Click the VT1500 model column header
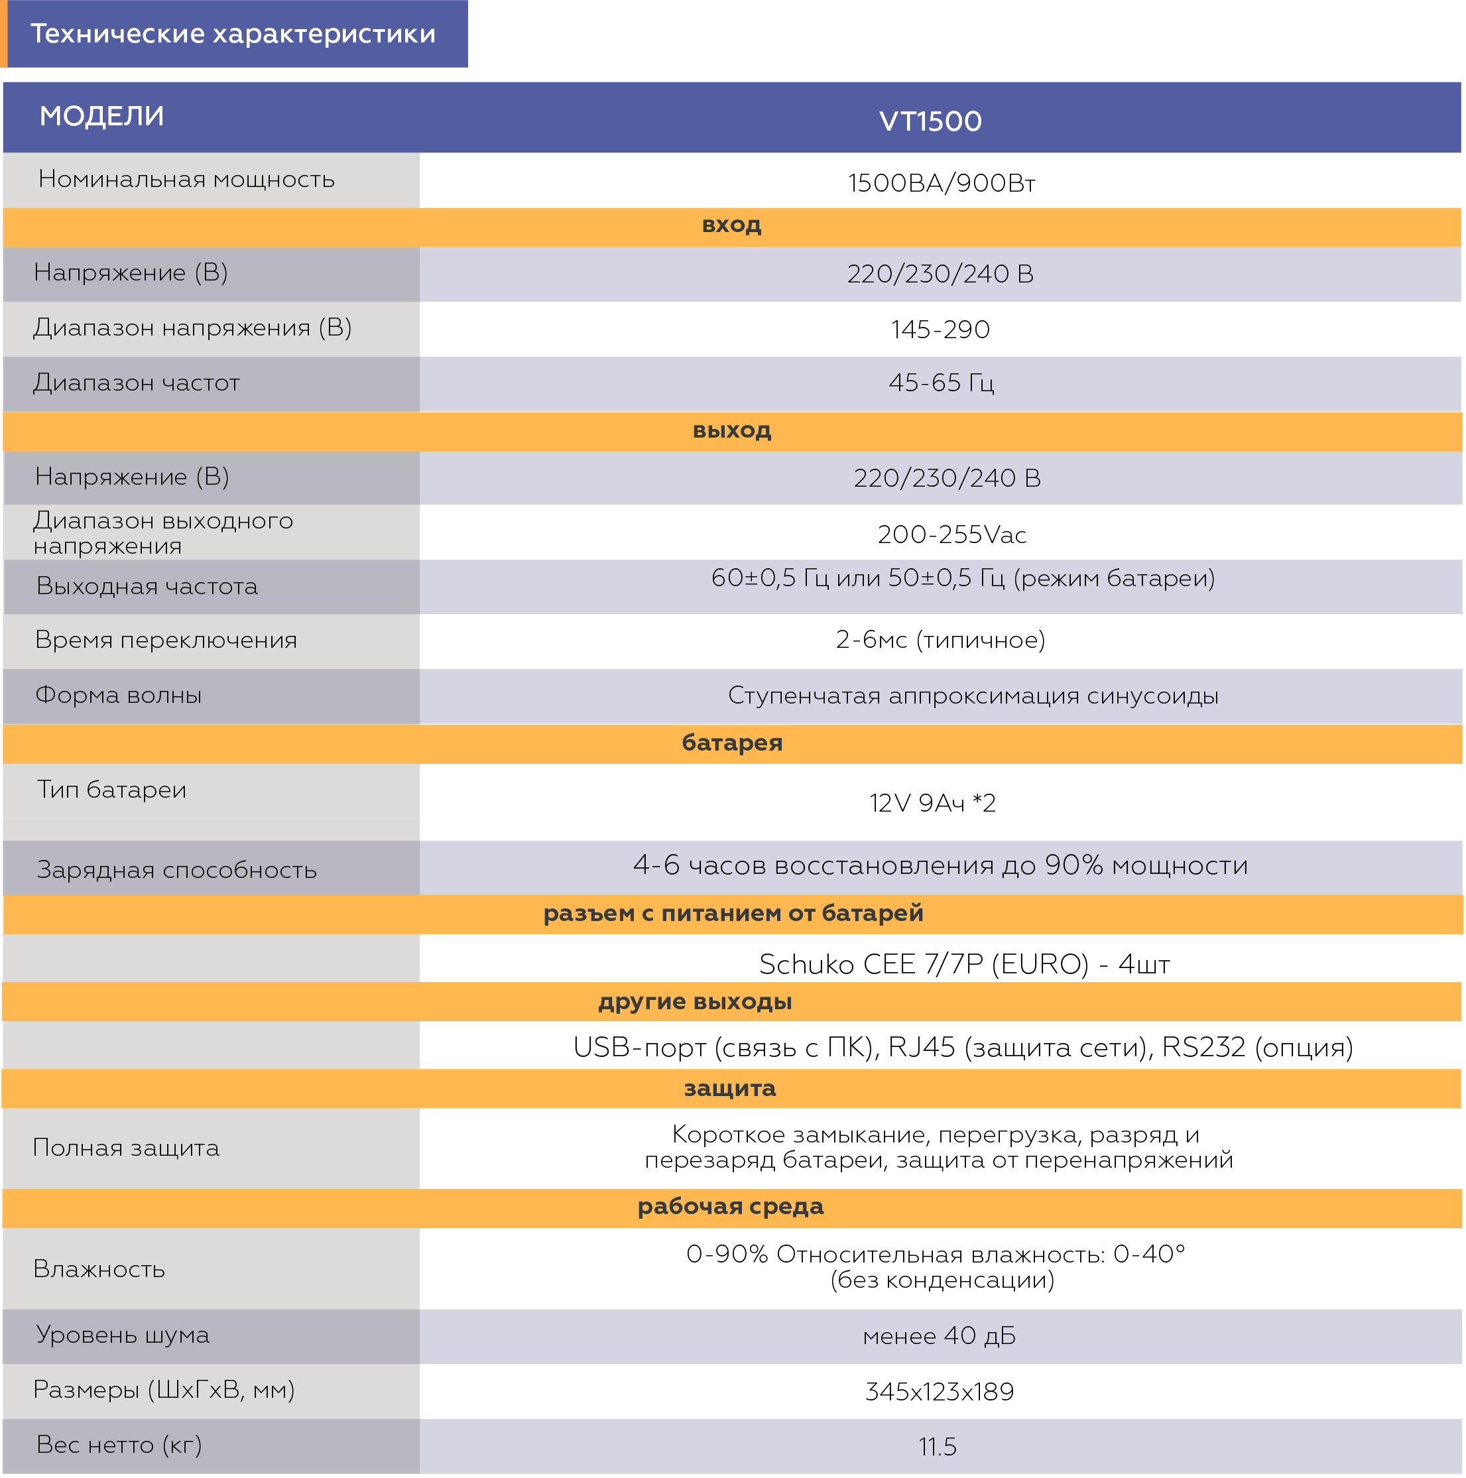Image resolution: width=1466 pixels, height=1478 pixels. [x=930, y=121]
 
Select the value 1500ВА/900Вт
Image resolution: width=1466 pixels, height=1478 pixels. [x=941, y=183]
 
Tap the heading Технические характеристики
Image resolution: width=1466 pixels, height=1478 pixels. [x=233, y=34]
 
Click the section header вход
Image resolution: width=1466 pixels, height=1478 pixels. [x=731, y=225]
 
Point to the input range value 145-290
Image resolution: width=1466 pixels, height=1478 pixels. [x=940, y=330]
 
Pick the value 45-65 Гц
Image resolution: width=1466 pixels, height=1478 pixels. [x=940, y=383]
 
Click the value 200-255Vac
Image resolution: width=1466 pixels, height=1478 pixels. [x=951, y=534]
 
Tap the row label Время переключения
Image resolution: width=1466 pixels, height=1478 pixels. [x=166, y=640]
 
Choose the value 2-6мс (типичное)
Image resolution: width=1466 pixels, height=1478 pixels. [x=940, y=640]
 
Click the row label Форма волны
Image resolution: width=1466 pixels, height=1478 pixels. [x=119, y=695]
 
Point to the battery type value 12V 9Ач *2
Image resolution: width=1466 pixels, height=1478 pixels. [x=932, y=802]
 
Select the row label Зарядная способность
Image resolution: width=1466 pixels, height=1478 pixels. [x=177, y=870]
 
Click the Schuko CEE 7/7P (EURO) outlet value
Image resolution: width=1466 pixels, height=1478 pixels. [x=964, y=964]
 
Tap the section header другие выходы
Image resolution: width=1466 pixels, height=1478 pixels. [x=695, y=1001]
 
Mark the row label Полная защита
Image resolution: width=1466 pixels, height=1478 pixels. [x=126, y=1148]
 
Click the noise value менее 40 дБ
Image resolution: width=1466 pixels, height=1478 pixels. [x=939, y=1335]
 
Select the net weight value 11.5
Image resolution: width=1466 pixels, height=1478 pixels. [x=938, y=1447]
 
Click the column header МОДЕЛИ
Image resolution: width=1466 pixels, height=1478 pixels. [x=101, y=116]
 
